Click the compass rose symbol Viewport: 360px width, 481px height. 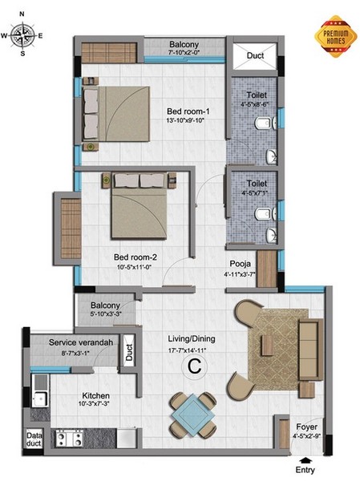tap(22, 35)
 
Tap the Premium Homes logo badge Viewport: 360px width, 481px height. tap(336, 37)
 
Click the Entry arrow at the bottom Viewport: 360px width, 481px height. tap(305, 460)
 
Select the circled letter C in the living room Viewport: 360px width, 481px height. tap(195, 366)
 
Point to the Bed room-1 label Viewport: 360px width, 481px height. tap(188, 111)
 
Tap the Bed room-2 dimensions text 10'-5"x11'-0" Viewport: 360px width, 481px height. tap(135, 267)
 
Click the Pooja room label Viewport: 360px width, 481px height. tap(241, 264)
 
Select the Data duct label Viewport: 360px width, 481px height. tap(34, 439)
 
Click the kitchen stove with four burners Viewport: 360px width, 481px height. tap(70, 438)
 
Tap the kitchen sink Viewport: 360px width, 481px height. tap(40, 390)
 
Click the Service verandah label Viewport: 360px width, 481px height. tap(81, 342)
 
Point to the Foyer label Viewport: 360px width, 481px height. tap(306, 426)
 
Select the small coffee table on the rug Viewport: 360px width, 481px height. tap(266, 346)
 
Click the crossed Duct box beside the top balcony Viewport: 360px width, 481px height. tap(254, 56)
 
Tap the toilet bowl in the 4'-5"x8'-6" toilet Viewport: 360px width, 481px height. tap(262, 123)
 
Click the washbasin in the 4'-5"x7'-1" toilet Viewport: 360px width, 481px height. tap(272, 235)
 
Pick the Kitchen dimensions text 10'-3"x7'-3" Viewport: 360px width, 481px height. tap(94, 404)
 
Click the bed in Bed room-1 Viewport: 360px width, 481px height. tap(116, 114)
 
